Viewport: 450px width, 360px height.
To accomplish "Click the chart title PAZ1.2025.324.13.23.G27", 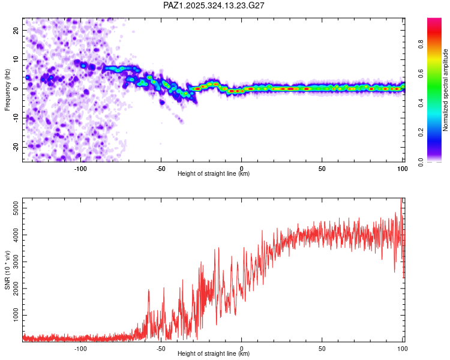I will click(214, 5).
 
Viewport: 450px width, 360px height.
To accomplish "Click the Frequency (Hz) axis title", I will click(7, 89).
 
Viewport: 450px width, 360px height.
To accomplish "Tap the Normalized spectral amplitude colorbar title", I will click(446, 90).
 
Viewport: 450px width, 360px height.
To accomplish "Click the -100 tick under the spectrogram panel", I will click(81, 169).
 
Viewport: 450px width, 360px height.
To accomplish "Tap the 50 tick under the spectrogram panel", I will click(322, 169).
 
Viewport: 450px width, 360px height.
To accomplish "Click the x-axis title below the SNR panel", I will click(214, 354).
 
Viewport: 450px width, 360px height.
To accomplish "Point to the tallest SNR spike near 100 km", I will click(401, 199).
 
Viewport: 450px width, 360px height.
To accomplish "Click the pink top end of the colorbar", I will click(434, 22).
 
